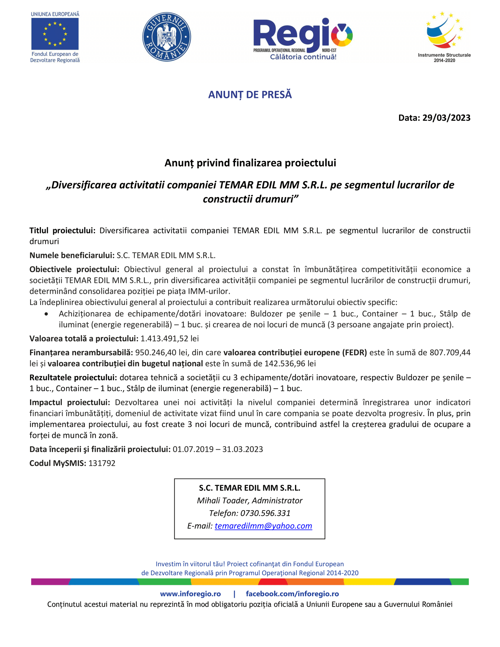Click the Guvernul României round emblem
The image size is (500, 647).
[167, 37]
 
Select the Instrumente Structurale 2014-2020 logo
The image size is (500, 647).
[444, 37]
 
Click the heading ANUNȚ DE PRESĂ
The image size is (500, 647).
[250, 95]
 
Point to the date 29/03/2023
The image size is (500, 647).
[446, 118]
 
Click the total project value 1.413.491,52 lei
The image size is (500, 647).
[170, 338]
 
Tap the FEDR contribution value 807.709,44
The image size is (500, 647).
[450, 352]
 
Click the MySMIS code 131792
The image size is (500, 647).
[102, 463]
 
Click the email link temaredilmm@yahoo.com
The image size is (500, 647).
[263, 526]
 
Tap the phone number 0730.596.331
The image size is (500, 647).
[265, 513]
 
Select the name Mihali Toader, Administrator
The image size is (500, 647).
[250, 500]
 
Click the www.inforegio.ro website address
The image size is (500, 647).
[190, 594]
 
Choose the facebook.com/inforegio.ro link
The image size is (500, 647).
[292, 594]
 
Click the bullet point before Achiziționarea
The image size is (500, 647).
[46, 314]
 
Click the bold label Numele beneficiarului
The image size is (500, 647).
[72, 255]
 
